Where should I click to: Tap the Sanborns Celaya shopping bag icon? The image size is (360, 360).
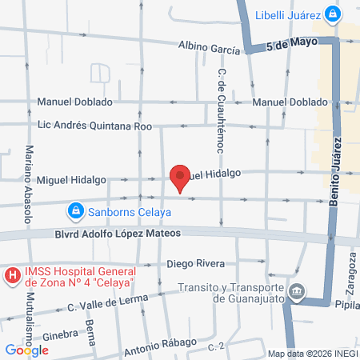click(74, 211)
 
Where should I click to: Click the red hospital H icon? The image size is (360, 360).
click(13, 278)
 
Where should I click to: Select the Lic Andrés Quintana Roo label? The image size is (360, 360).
click(94, 125)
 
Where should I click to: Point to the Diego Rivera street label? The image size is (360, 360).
click(196, 263)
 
